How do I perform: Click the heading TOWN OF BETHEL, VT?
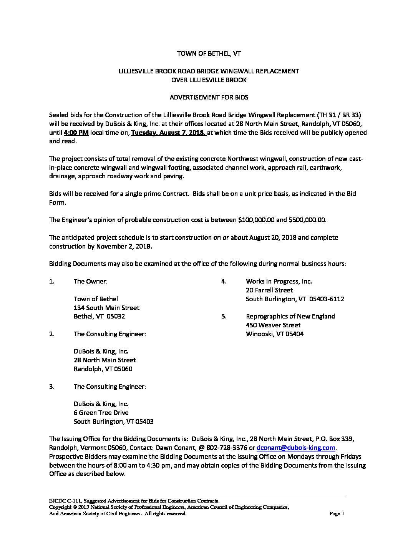coord(209,54)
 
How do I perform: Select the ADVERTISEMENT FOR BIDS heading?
coord(209,98)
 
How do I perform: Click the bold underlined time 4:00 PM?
coord(76,133)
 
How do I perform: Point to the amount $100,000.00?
coord(256,220)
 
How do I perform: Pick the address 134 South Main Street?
coord(106,308)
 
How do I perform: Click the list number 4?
coord(223,282)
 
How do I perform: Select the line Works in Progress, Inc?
coord(279,282)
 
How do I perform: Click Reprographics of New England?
coord(290,317)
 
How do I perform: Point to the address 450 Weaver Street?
coord(273,325)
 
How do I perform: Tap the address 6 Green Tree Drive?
coord(101,413)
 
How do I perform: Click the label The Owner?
coord(90,282)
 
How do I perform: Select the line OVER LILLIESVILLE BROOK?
coord(209,80)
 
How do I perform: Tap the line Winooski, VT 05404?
coord(275,334)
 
